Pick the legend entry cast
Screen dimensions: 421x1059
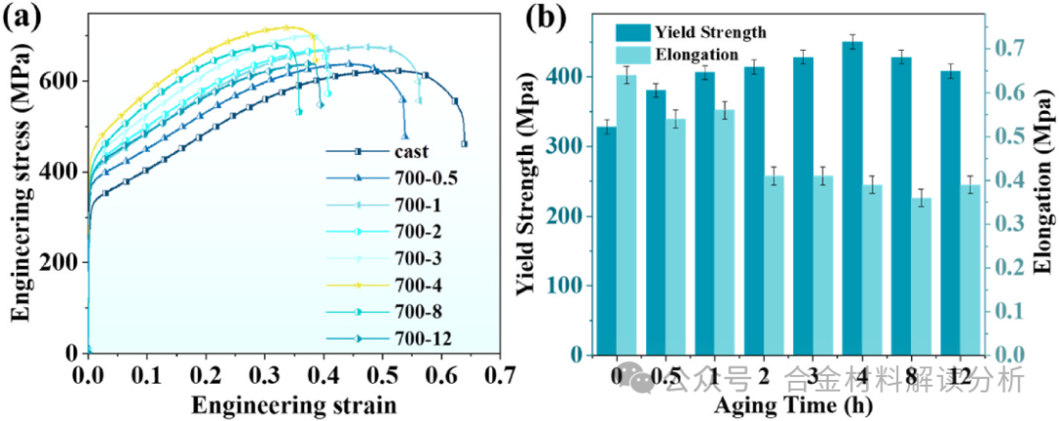pyautogui.click(x=411, y=151)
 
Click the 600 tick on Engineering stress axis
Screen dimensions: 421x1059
pyautogui.click(x=64, y=80)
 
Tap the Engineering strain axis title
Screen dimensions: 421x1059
pyautogui.click(x=294, y=403)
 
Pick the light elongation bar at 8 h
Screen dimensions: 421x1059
pyautogui.click(x=923, y=276)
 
